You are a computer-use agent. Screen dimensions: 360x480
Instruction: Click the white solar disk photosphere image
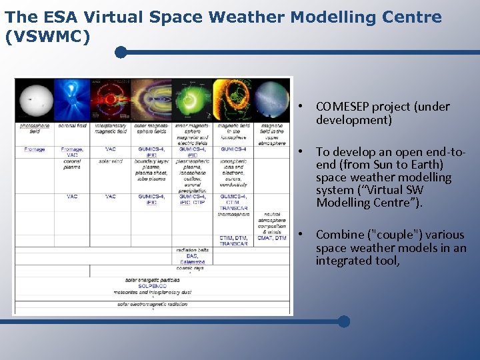click(33, 100)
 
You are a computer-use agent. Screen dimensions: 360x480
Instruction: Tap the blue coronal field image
click(73, 100)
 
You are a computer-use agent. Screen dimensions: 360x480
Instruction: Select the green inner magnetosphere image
click(191, 100)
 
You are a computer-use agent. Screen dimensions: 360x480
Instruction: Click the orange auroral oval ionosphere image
click(233, 100)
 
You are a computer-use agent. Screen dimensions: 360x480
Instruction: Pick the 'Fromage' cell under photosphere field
click(34, 149)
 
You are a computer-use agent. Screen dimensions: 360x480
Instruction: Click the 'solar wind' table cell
click(111, 161)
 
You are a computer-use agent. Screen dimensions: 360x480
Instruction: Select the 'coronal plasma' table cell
click(72, 163)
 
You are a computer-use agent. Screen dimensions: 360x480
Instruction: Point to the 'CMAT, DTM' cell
click(271, 238)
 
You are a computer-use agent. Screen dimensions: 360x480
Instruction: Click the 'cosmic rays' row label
click(191, 267)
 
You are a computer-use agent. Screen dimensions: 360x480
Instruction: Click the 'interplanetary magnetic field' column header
click(111, 128)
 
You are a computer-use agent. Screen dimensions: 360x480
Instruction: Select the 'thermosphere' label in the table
click(233, 215)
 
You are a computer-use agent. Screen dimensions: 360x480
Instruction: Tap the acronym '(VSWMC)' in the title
click(47, 37)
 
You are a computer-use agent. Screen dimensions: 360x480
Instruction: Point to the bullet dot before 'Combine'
click(301, 235)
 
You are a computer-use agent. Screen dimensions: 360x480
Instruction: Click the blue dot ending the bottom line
click(344, 321)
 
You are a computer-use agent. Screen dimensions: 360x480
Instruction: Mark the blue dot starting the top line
click(121, 52)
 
